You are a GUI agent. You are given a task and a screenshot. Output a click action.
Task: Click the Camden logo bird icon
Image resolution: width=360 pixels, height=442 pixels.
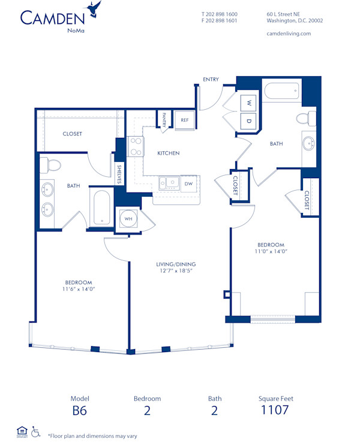click(93, 9)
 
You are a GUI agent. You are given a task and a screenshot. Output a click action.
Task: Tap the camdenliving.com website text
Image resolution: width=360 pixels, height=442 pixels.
click(288, 34)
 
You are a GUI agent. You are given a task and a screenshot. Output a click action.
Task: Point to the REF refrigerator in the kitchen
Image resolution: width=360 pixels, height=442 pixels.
click(185, 120)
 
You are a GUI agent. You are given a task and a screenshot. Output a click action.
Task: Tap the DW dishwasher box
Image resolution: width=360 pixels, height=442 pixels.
click(188, 184)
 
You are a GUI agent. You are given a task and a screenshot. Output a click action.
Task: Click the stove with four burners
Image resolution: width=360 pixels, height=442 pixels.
click(136, 146)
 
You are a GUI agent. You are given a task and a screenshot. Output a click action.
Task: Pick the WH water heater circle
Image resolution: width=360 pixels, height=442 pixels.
click(128, 219)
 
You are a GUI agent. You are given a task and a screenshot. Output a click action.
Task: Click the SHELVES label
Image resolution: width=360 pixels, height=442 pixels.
click(119, 174)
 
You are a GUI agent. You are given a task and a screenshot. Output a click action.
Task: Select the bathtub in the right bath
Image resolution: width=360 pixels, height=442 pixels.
click(281, 92)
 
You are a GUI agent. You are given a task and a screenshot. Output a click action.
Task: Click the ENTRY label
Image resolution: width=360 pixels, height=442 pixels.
click(211, 79)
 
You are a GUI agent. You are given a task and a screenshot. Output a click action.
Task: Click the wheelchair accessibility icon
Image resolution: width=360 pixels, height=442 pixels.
click(35, 431)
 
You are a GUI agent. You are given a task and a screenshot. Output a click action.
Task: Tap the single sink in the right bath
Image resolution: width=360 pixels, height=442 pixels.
click(309, 143)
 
